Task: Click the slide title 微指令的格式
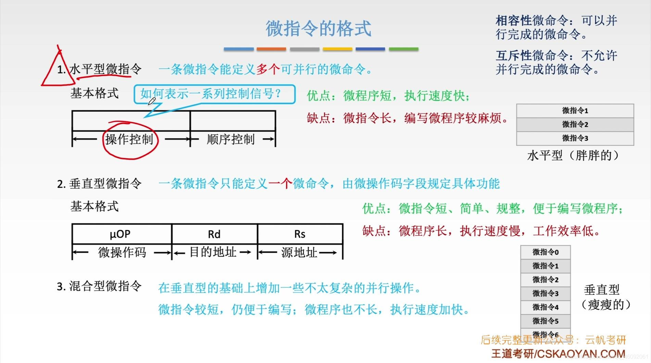coord(318,28)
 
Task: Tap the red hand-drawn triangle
coord(57,70)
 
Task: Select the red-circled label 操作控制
coord(129,139)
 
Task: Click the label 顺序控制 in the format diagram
coord(231,139)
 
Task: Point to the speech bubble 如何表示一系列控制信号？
coord(214,94)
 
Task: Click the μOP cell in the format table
coord(120,234)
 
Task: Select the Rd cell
coord(214,234)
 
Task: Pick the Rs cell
coord(300,234)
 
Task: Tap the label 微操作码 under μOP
coord(122,253)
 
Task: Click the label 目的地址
coord(213,252)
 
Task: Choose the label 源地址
coord(299,253)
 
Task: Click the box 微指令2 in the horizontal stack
coord(575,124)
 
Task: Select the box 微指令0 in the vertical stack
coord(545,252)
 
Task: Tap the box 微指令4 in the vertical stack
coord(545,307)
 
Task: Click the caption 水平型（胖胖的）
coord(574,156)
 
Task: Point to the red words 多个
coord(268,69)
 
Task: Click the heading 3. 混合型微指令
coord(99,286)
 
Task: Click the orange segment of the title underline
coord(271,49)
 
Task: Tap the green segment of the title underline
coord(404,49)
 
